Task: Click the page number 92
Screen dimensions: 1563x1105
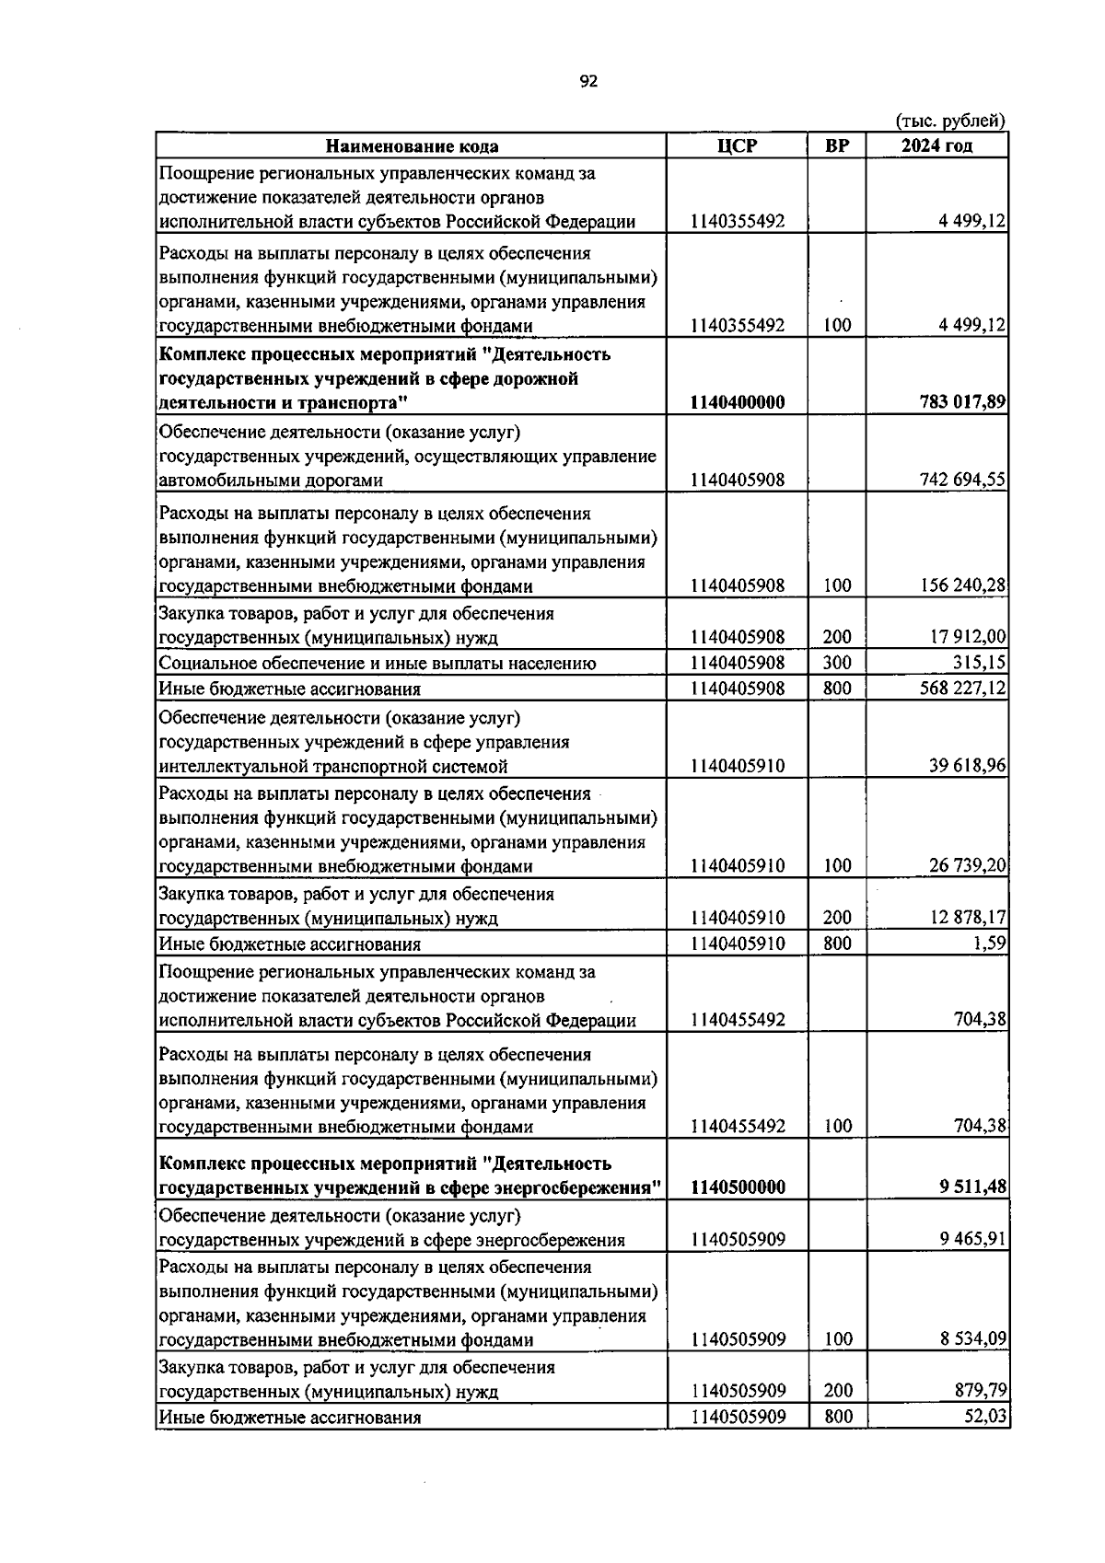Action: (589, 82)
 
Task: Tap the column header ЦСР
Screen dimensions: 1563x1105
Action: (738, 145)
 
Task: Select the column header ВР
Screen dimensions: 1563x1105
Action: (837, 145)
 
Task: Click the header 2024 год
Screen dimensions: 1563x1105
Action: (936, 145)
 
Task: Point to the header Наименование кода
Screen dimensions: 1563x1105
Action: (412, 146)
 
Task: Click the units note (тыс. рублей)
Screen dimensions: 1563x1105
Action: (950, 121)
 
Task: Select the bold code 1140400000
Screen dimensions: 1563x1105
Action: (738, 402)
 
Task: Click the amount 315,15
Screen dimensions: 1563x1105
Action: (980, 663)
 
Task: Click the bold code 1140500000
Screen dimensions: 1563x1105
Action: (738, 1187)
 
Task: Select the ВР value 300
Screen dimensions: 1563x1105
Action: (837, 663)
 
